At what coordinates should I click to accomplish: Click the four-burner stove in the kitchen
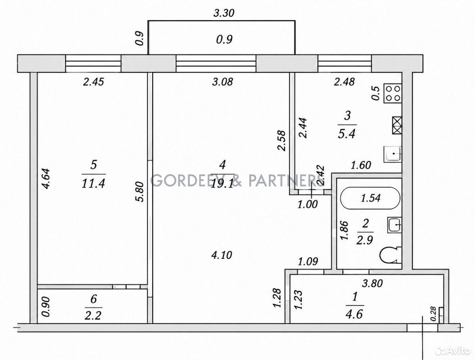click(x=393, y=93)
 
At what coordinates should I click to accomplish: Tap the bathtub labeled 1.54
click(x=370, y=198)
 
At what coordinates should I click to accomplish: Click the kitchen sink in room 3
click(x=393, y=154)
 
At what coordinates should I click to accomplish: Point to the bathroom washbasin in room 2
click(x=394, y=225)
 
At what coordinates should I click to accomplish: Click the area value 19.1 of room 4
click(x=222, y=184)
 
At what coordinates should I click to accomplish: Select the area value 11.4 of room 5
click(x=93, y=184)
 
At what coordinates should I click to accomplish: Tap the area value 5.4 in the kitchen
click(x=347, y=134)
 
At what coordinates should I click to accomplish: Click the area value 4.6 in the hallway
click(x=354, y=314)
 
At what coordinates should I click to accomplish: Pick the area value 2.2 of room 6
click(x=93, y=316)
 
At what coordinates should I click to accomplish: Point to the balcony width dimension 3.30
click(x=224, y=13)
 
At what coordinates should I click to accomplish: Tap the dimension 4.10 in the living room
click(x=222, y=255)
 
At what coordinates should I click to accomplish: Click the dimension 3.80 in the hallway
click(x=372, y=283)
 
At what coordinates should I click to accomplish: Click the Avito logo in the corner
click(x=453, y=351)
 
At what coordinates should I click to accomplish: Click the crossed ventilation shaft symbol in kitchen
click(x=397, y=125)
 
